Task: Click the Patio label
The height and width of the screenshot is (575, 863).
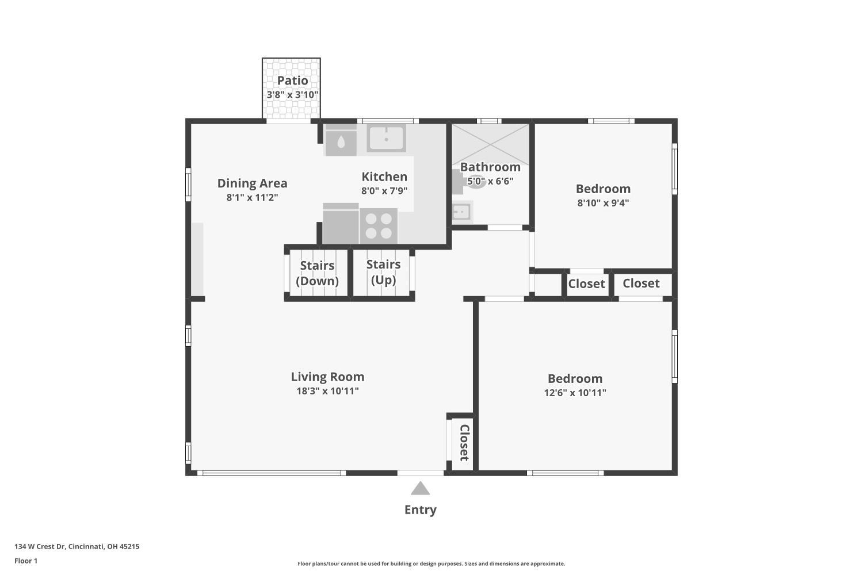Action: click(x=292, y=80)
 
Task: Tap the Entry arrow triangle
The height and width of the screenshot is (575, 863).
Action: click(x=420, y=489)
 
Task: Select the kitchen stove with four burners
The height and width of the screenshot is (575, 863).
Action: click(x=379, y=225)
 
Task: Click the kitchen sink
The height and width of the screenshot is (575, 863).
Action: click(x=387, y=139)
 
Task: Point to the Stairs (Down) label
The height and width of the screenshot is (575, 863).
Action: click(x=317, y=273)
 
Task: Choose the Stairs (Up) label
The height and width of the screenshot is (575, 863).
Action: click(x=383, y=272)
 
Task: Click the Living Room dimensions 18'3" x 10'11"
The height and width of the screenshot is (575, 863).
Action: click(x=327, y=391)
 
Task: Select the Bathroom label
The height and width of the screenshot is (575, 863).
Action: click(x=490, y=167)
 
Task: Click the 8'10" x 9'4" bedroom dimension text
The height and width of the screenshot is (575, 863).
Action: click(x=603, y=203)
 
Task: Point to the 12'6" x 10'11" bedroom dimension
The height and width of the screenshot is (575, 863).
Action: click(x=575, y=393)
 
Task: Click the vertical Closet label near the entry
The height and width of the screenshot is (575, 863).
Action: click(x=464, y=443)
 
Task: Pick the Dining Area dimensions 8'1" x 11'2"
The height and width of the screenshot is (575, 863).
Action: click(x=252, y=197)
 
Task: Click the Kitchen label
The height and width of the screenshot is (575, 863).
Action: click(x=384, y=177)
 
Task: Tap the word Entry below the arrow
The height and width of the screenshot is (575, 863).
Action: click(x=420, y=509)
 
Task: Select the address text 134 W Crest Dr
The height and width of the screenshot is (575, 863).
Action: click(x=77, y=547)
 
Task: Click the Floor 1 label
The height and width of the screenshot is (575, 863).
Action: click(x=26, y=561)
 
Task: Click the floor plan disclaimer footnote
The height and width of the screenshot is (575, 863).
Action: click(x=431, y=563)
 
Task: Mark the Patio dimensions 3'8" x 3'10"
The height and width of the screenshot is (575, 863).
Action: click(x=292, y=94)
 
